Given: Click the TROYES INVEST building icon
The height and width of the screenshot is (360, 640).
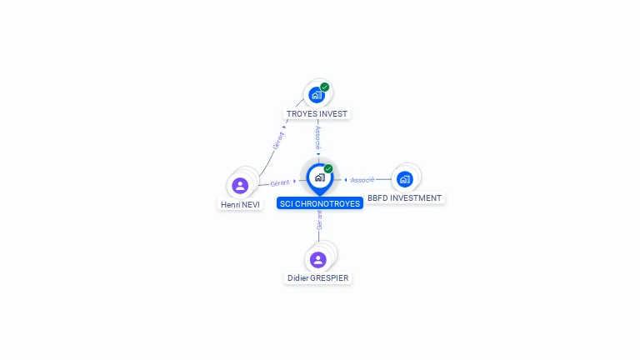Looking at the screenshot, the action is [x=317, y=95].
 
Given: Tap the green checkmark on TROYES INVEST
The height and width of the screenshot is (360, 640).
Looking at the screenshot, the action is [x=324, y=87].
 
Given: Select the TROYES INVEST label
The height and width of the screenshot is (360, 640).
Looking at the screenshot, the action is [x=317, y=114].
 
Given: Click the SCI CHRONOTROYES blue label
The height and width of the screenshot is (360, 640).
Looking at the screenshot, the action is [x=320, y=203].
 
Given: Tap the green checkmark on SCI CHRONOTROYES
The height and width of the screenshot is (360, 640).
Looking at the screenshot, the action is [x=328, y=168].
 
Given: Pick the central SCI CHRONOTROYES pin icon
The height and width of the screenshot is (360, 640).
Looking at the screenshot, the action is [x=320, y=179].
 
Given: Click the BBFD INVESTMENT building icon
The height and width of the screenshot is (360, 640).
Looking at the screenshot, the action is [x=404, y=179].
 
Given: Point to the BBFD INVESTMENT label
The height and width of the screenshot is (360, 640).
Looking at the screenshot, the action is [x=404, y=198].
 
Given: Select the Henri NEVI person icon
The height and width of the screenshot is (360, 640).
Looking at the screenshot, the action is [x=240, y=186].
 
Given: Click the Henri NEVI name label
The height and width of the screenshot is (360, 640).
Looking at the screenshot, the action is [x=240, y=204].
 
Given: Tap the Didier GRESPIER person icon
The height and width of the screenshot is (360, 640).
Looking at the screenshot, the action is [x=318, y=260].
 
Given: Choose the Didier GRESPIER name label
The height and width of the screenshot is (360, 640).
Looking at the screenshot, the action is [x=318, y=278].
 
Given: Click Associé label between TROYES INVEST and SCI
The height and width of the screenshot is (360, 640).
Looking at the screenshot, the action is [x=318, y=137].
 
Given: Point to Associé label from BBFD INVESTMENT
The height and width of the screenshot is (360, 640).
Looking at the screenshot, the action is [x=362, y=180].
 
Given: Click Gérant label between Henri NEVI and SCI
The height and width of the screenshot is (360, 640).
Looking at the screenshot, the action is [x=280, y=183].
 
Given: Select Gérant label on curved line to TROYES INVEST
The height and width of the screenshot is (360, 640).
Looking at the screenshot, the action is [x=278, y=140].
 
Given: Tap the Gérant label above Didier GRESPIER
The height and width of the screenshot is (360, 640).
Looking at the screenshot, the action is [x=319, y=220].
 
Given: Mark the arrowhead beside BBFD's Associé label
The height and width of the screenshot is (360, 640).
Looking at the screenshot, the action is [x=346, y=180].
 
